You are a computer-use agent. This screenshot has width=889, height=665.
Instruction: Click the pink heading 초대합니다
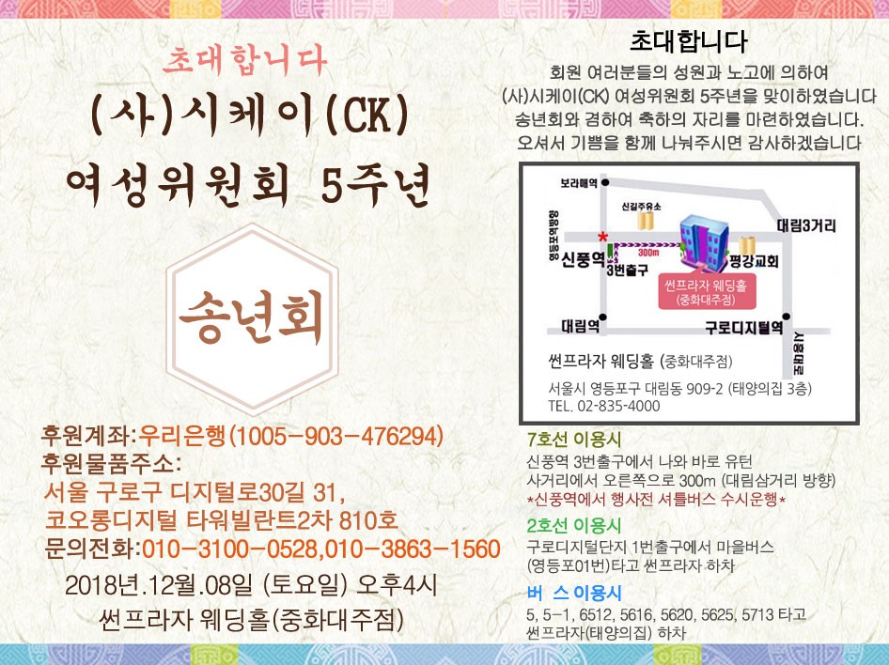click(244, 61)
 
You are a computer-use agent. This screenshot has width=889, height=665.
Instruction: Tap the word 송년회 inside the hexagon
click(251, 317)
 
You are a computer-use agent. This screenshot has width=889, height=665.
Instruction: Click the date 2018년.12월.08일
click(159, 585)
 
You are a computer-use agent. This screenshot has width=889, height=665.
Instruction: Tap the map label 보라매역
click(579, 183)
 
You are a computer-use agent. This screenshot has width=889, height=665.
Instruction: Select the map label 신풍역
click(583, 260)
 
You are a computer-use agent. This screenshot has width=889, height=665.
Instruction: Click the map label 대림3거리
click(806, 225)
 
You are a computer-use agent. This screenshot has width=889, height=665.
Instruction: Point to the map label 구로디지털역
click(744, 327)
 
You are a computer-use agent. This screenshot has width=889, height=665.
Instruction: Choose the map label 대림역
click(580, 326)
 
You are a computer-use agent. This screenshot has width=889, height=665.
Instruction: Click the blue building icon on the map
click(704, 240)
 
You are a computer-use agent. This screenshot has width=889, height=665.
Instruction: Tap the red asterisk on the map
click(602, 236)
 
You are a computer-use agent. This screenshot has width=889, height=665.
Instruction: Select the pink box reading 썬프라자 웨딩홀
click(707, 291)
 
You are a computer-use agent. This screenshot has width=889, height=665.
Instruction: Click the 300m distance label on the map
click(648, 253)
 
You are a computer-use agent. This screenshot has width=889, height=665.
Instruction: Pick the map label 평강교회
click(754, 261)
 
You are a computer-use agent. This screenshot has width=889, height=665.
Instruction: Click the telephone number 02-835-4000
click(618, 406)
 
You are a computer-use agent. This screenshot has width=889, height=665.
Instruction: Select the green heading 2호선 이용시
click(574, 526)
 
